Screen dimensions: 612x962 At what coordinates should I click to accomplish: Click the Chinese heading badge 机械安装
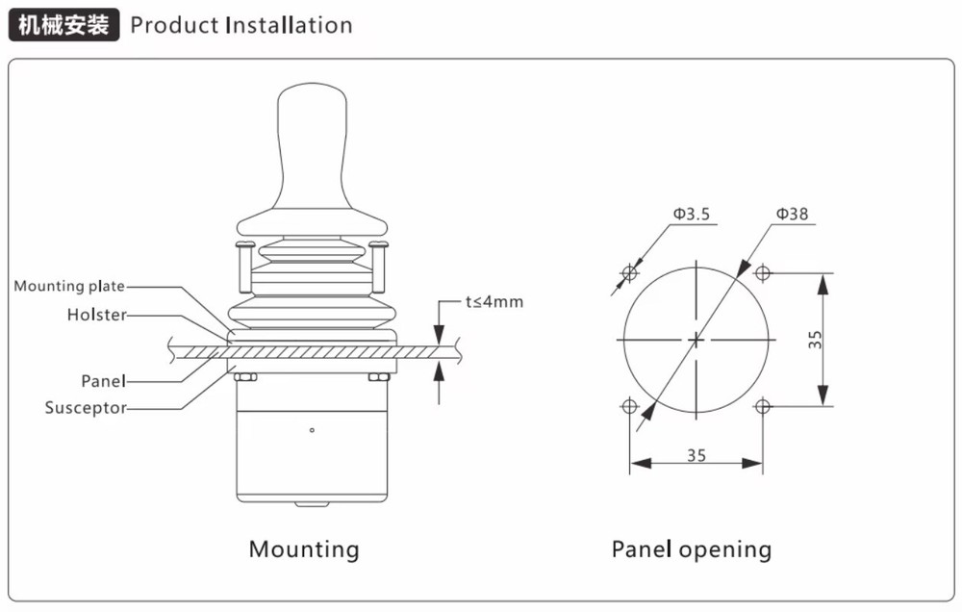point(63,25)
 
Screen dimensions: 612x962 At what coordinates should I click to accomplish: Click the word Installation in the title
point(289,25)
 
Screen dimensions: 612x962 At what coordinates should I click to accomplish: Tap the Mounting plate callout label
point(69,286)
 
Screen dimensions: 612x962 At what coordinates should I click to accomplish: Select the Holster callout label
point(96,315)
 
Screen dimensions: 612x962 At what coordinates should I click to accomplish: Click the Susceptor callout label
point(86,408)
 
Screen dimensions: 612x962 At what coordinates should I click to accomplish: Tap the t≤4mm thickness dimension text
point(494,302)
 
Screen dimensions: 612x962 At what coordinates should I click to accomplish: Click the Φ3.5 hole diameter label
point(691,215)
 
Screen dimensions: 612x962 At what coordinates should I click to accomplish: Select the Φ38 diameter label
point(792,214)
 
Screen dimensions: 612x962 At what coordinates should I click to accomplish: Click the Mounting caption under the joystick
point(304,549)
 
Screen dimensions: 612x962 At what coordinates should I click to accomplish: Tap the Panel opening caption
point(692,549)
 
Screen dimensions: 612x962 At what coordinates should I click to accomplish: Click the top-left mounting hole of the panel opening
point(630,272)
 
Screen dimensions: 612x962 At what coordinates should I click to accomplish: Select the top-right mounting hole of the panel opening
point(763,272)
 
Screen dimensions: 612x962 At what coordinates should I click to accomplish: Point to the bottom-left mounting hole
point(630,406)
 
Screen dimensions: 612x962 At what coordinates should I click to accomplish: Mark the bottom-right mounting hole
point(763,406)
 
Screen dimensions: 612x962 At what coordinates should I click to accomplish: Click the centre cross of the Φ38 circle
point(696,339)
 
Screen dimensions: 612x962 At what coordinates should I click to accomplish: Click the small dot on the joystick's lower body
point(312,429)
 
